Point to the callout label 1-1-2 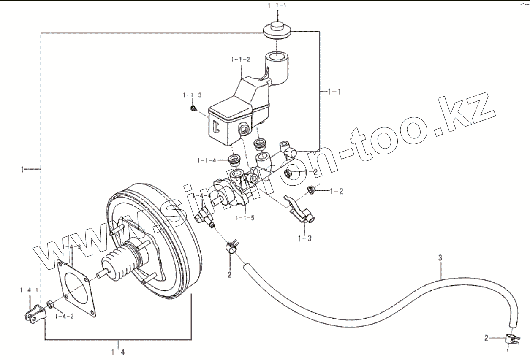[240, 60]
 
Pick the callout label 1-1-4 [207, 160]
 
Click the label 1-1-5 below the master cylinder [246, 218]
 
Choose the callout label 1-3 [304, 238]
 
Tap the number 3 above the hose [440, 257]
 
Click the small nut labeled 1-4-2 [49, 304]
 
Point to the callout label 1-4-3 [71, 247]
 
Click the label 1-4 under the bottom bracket [118, 351]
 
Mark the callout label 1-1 [334, 91]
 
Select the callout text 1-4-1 [29, 290]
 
